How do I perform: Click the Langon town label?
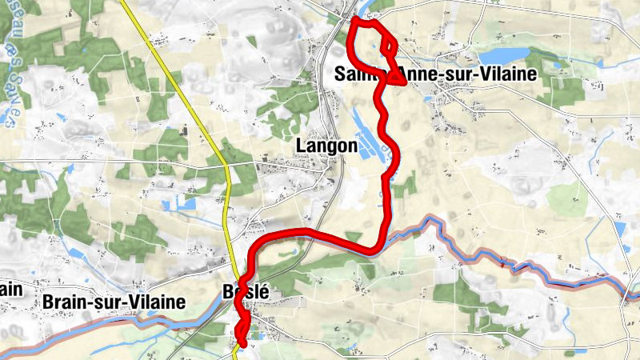tap(326, 146)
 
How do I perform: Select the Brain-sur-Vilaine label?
tap(113, 302)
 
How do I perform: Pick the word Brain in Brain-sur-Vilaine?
tap(64, 302)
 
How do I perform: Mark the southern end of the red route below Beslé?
tap(241, 344)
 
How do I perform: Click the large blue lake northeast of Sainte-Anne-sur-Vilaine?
tap(504, 55)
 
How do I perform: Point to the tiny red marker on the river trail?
tap(503, 262)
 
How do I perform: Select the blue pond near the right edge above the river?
tap(620, 228)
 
